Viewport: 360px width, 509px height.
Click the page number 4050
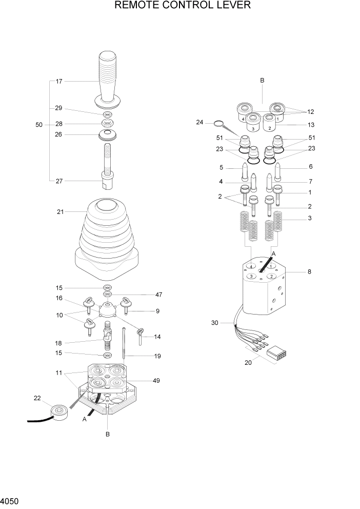click(x=11, y=499)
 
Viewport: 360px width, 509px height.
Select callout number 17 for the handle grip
click(x=59, y=81)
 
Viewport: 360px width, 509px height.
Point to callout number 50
click(x=39, y=125)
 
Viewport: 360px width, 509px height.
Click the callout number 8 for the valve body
click(x=309, y=271)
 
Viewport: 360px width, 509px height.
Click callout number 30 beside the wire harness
click(x=215, y=323)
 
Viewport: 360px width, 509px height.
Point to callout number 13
click(x=310, y=125)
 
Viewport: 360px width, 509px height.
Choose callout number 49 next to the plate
click(x=156, y=381)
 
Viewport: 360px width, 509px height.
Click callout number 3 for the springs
click(x=309, y=219)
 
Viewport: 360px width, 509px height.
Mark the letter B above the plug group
click(x=262, y=81)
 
